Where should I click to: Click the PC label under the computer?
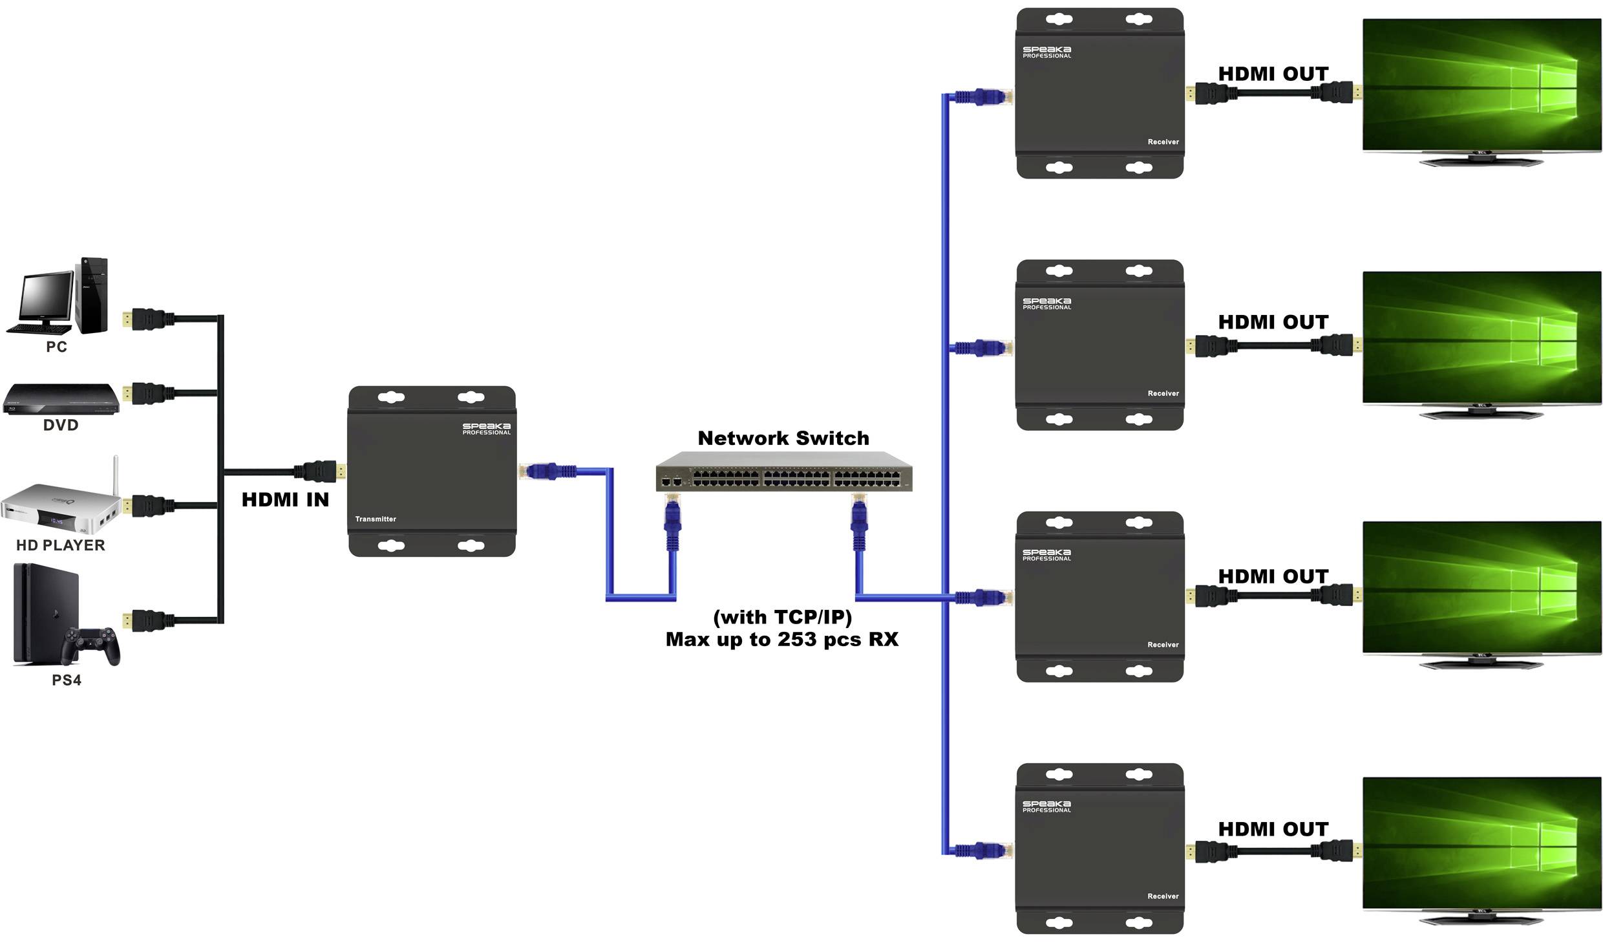56,347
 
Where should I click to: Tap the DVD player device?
61,398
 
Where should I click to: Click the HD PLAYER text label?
60,545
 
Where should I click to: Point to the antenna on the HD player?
116,475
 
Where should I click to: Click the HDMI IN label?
285,500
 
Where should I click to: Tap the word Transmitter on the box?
376,519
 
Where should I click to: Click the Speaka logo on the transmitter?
486,428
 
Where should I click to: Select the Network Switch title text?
783,439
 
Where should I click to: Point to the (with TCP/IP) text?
782,617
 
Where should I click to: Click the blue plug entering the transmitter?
542,471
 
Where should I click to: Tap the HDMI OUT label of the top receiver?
1273,74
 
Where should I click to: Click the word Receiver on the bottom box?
1163,896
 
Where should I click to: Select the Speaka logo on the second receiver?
1046,303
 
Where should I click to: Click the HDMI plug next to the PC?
149,319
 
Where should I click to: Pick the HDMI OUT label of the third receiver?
1273,576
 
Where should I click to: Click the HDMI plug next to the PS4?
149,620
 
